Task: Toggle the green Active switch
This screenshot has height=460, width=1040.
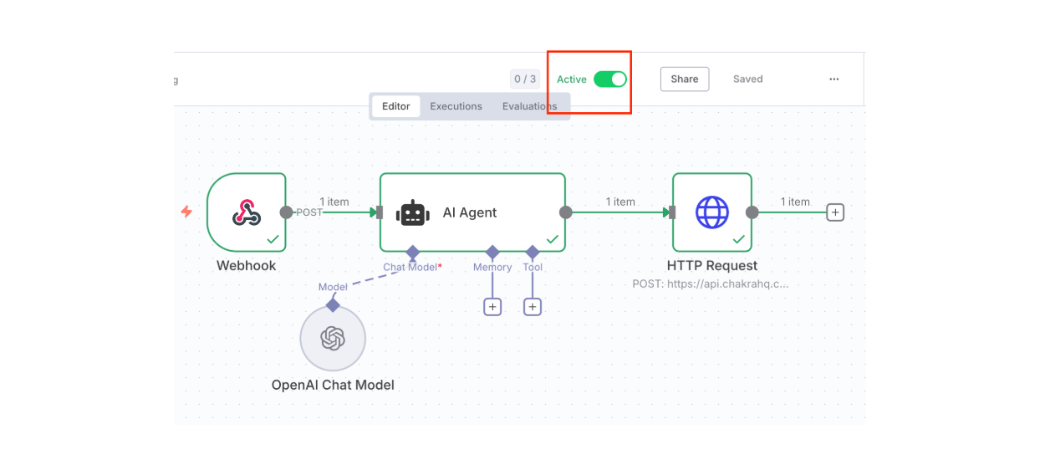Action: click(x=609, y=79)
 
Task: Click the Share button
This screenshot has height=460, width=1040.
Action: click(x=684, y=79)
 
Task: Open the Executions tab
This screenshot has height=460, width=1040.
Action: click(x=456, y=106)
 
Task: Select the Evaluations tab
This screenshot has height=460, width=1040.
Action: click(x=529, y=106)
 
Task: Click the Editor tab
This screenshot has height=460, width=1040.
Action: click(x=396, y=106)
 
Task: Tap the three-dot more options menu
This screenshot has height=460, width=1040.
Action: click(x=834, y=79)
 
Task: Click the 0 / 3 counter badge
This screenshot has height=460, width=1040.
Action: click(x=525, y=79)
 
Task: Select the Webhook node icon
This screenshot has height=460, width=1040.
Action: click(x=246, y=212)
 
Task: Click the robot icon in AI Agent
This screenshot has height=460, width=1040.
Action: click(x=413, y=212)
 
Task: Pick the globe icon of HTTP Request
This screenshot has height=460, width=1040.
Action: click(x=712, y=212)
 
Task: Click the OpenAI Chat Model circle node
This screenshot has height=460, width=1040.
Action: click(x=333, y=338)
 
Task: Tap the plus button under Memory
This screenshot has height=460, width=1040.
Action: click(x=492, y=307)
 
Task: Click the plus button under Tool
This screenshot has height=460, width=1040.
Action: click(x=533, y=307)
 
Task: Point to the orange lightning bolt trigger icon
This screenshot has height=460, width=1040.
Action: click(x=187, y=212)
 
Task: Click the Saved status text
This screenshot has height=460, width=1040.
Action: click(x=747, y=79)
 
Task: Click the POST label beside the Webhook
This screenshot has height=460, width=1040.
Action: click(x=309, y=212)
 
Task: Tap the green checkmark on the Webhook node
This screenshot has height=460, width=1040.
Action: click(x=273, y=239)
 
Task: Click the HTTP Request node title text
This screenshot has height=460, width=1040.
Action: click(x=712, y=266)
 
